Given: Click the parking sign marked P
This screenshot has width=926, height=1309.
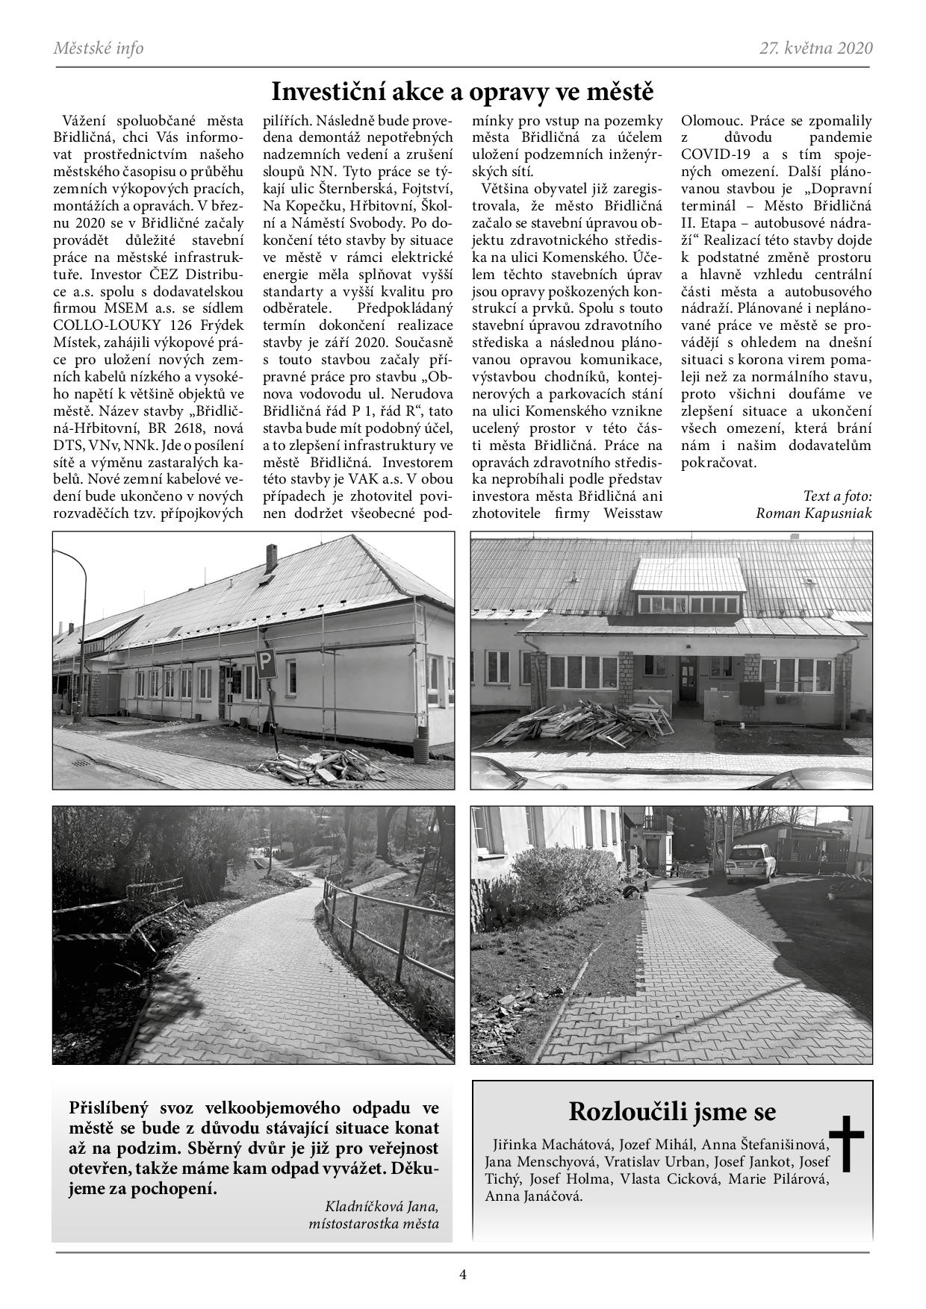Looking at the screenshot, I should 266,663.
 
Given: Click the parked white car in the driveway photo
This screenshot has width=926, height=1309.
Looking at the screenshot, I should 750,863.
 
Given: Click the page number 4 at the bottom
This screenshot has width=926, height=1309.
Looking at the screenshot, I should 463,1275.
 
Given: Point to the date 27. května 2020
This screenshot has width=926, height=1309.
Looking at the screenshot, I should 815,49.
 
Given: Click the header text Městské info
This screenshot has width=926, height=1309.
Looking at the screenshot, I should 99,49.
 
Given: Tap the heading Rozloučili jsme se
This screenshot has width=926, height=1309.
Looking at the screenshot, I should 671,1111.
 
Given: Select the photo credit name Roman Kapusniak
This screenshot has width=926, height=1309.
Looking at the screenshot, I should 813,513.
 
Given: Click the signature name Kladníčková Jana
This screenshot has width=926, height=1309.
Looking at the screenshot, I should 382,1206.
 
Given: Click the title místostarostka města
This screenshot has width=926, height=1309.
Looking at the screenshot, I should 373,1224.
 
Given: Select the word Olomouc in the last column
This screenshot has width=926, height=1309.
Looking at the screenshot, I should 712,121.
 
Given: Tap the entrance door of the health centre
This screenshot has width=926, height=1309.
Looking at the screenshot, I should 688,679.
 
